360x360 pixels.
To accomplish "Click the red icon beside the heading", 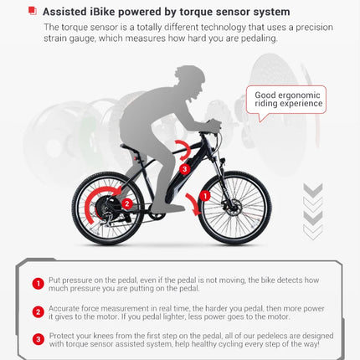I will (x=32, y=11).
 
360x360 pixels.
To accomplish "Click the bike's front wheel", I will (x=236, y=207).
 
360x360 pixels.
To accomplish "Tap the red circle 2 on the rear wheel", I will (x=126, y=202).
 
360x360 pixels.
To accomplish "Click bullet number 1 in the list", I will (x=38, y=284).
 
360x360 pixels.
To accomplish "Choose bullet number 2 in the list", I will (x=38, y=312).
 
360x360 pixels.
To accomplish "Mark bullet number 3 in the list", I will (x=38, y=339).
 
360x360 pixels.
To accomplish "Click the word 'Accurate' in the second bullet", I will (x=66, y=307).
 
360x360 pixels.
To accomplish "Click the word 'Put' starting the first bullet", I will (x=55, y=279).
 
